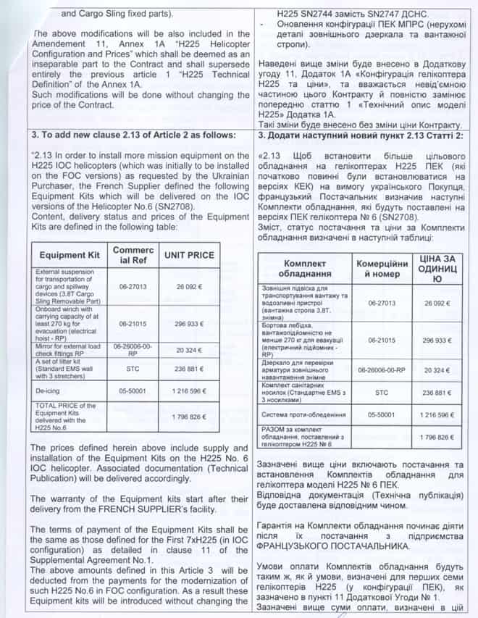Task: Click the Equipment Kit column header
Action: [x=69, y=255]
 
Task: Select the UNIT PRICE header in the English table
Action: [x=188, y=255]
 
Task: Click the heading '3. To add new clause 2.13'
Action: [x=134, y=135]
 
